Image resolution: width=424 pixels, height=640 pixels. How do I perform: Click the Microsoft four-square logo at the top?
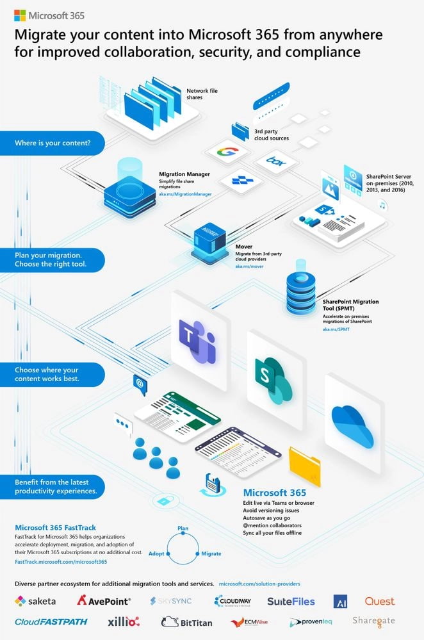point(20,15)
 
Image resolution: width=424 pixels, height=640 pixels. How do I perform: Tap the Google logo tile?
point(225,153)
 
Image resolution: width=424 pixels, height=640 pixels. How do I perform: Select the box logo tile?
point(275,160)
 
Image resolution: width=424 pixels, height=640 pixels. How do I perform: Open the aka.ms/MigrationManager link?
point(185,193)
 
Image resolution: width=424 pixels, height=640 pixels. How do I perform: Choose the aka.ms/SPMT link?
point(332,328)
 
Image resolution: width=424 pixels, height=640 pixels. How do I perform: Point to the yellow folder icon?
point(304,466)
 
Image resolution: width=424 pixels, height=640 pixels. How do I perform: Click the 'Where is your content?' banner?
point(53,143)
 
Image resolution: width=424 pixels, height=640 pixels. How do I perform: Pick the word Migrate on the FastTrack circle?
point(211,553)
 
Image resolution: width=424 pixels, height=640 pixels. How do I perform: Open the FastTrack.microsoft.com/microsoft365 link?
point(61,562)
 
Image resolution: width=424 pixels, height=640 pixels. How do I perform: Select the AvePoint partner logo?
point(104,601)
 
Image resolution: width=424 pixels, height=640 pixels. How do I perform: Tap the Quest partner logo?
point(379,601)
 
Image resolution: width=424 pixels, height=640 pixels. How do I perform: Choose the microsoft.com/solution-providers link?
point(259,584)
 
